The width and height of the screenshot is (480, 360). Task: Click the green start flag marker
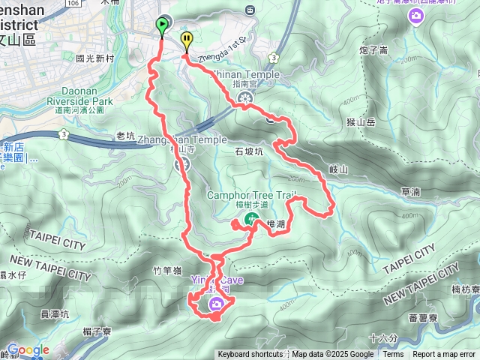[x=162, y=25]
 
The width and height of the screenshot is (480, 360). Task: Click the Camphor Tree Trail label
[x=251, y=196]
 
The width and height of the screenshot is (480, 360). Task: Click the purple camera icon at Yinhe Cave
[x=217, y=303]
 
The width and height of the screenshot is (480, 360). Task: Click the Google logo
[x=28, y=349]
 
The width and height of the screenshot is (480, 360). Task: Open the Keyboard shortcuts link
[x=250, y=355]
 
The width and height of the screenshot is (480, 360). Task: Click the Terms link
[x=393, y=355]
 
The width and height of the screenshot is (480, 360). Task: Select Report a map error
[x=444, y=355]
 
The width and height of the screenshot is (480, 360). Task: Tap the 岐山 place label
[x=339, y=169]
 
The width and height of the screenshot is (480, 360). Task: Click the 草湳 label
[x=410, y=192]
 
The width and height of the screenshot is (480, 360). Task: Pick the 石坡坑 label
[x=249, y=151]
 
